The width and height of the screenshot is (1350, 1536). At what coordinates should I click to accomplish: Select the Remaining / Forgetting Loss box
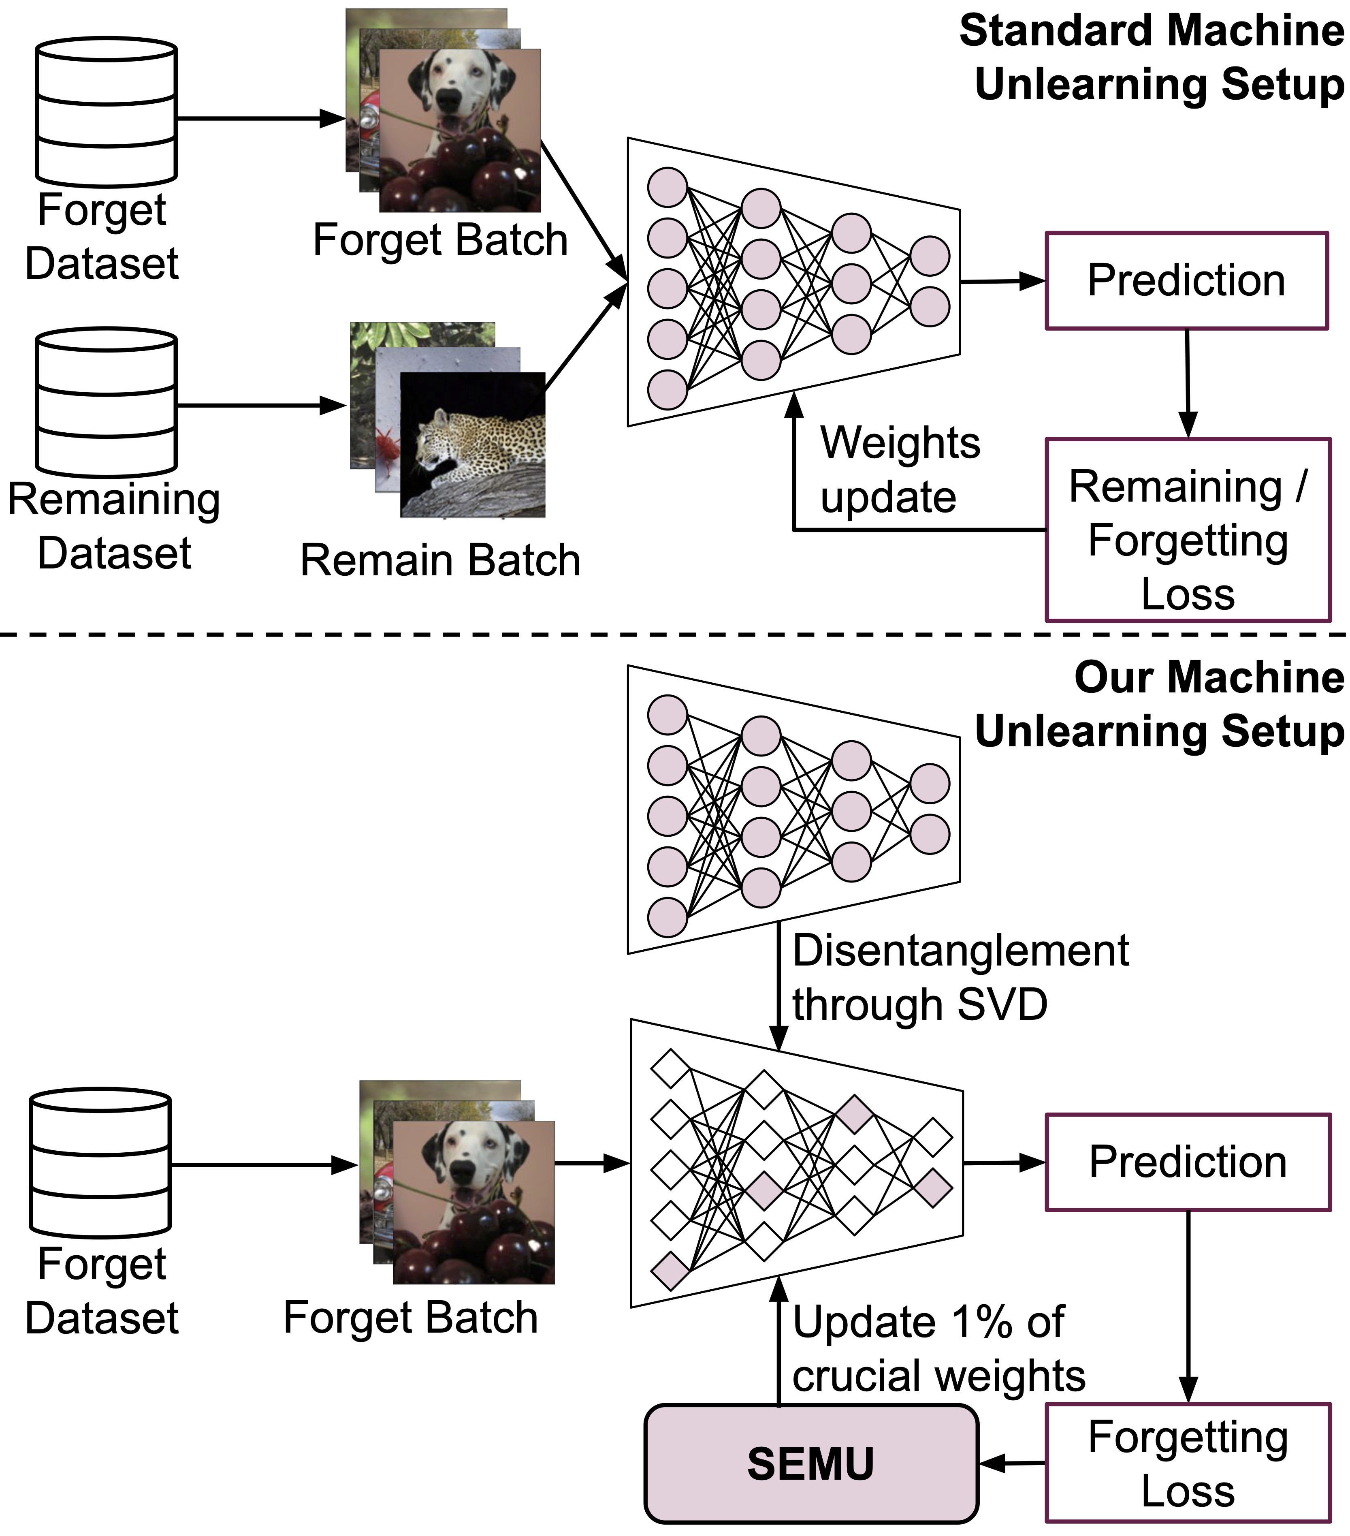pyautogui.click(x=1187, y=530)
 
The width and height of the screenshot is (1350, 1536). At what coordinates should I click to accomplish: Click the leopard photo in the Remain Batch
pyautogui.click(x=473, y=445)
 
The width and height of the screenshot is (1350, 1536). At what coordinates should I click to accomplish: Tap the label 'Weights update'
pyautogui.click(x=899, y=470)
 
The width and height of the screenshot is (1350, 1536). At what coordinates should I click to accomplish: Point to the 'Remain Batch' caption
pyautogui.click(x=440, y=561)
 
